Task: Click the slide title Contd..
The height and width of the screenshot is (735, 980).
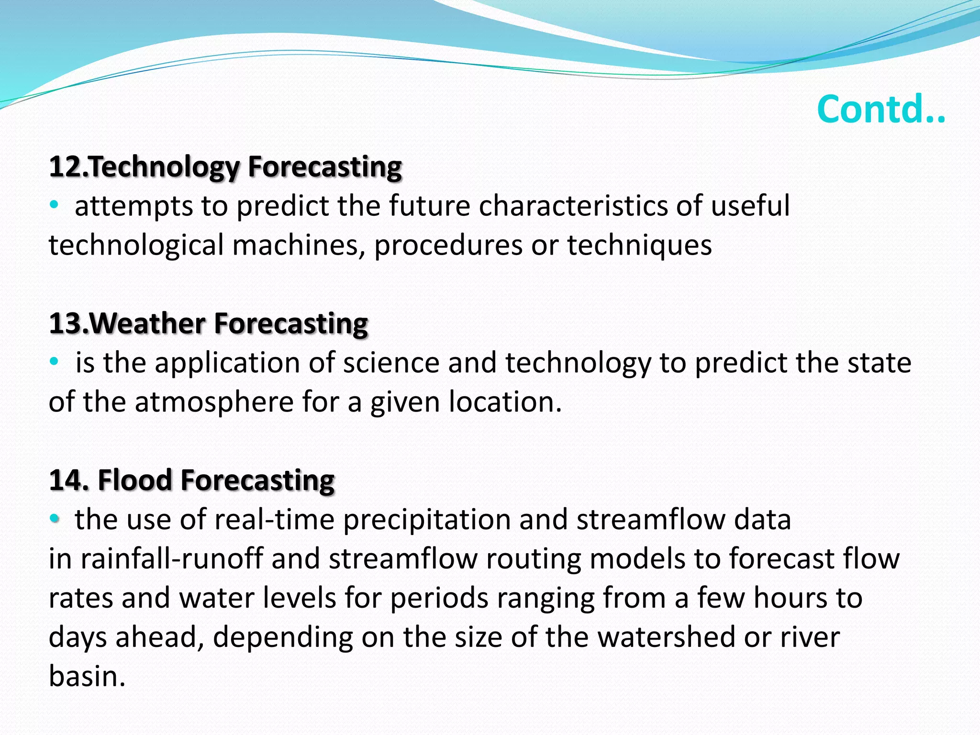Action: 881,109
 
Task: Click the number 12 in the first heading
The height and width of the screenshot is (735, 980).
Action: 66,167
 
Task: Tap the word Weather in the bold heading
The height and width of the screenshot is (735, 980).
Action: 147,323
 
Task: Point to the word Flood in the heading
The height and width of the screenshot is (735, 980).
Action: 134,480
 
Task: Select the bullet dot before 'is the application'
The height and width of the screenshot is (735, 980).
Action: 54,362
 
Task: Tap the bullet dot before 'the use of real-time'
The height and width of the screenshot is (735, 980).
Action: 54,518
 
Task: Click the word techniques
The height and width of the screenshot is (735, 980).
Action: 639,245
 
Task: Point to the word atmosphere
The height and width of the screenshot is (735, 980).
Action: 214,402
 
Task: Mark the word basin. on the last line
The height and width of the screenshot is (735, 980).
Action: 87,677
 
